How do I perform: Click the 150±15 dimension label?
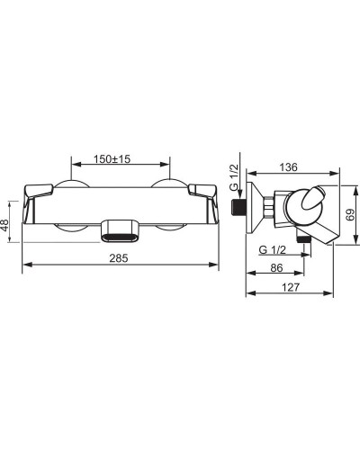tap(112, 158)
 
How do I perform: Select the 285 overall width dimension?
tap(119, 257)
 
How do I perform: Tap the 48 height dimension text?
tap(5, 224)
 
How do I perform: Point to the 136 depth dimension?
tap(288, 167)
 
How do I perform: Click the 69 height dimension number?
tap(350, 215)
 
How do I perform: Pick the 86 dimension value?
tap(276, 267)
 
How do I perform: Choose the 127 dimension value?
tap(291, 287)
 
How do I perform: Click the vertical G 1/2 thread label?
tap(234, 177)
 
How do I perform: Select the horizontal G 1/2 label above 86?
tap(273, 249)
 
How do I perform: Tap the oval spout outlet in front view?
tap(120, 231)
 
